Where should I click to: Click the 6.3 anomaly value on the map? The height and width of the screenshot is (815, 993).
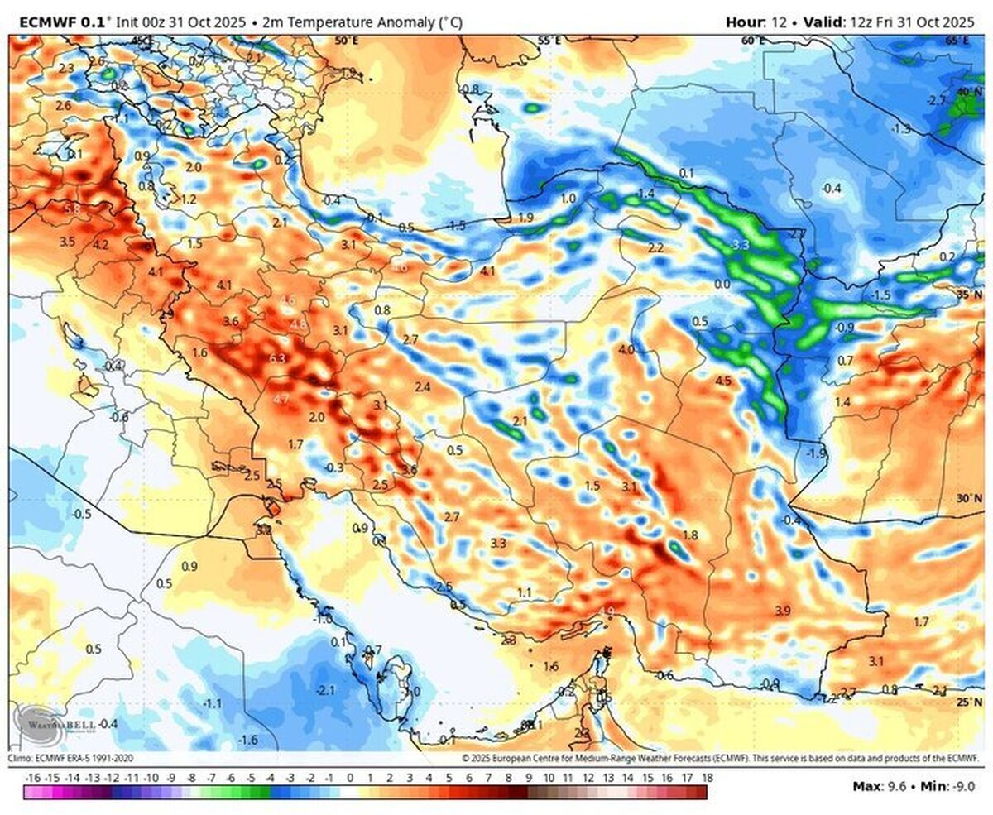pos(278,358)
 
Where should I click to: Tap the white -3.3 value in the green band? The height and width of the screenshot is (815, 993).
pos(741,245)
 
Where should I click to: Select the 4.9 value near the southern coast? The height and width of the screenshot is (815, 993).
pos(607,612)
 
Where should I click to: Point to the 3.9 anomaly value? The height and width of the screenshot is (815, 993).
pos(783,611)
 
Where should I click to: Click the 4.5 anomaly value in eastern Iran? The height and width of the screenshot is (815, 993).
pos(723,381)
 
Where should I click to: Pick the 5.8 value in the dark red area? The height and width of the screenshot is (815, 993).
pos(72,209)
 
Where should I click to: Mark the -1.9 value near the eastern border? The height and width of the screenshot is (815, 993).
pos(817,453)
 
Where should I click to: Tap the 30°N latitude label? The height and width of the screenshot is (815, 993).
pos(967,499)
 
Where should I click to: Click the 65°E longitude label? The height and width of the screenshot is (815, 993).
pos(957,41)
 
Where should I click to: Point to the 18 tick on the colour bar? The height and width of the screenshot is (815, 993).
pos(707,779)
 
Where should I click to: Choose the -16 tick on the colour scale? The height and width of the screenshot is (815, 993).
pos(33,779)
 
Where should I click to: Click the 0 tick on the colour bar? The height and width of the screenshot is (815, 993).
pos(350,779)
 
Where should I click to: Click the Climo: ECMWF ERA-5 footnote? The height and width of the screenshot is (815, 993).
pos(70,758)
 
